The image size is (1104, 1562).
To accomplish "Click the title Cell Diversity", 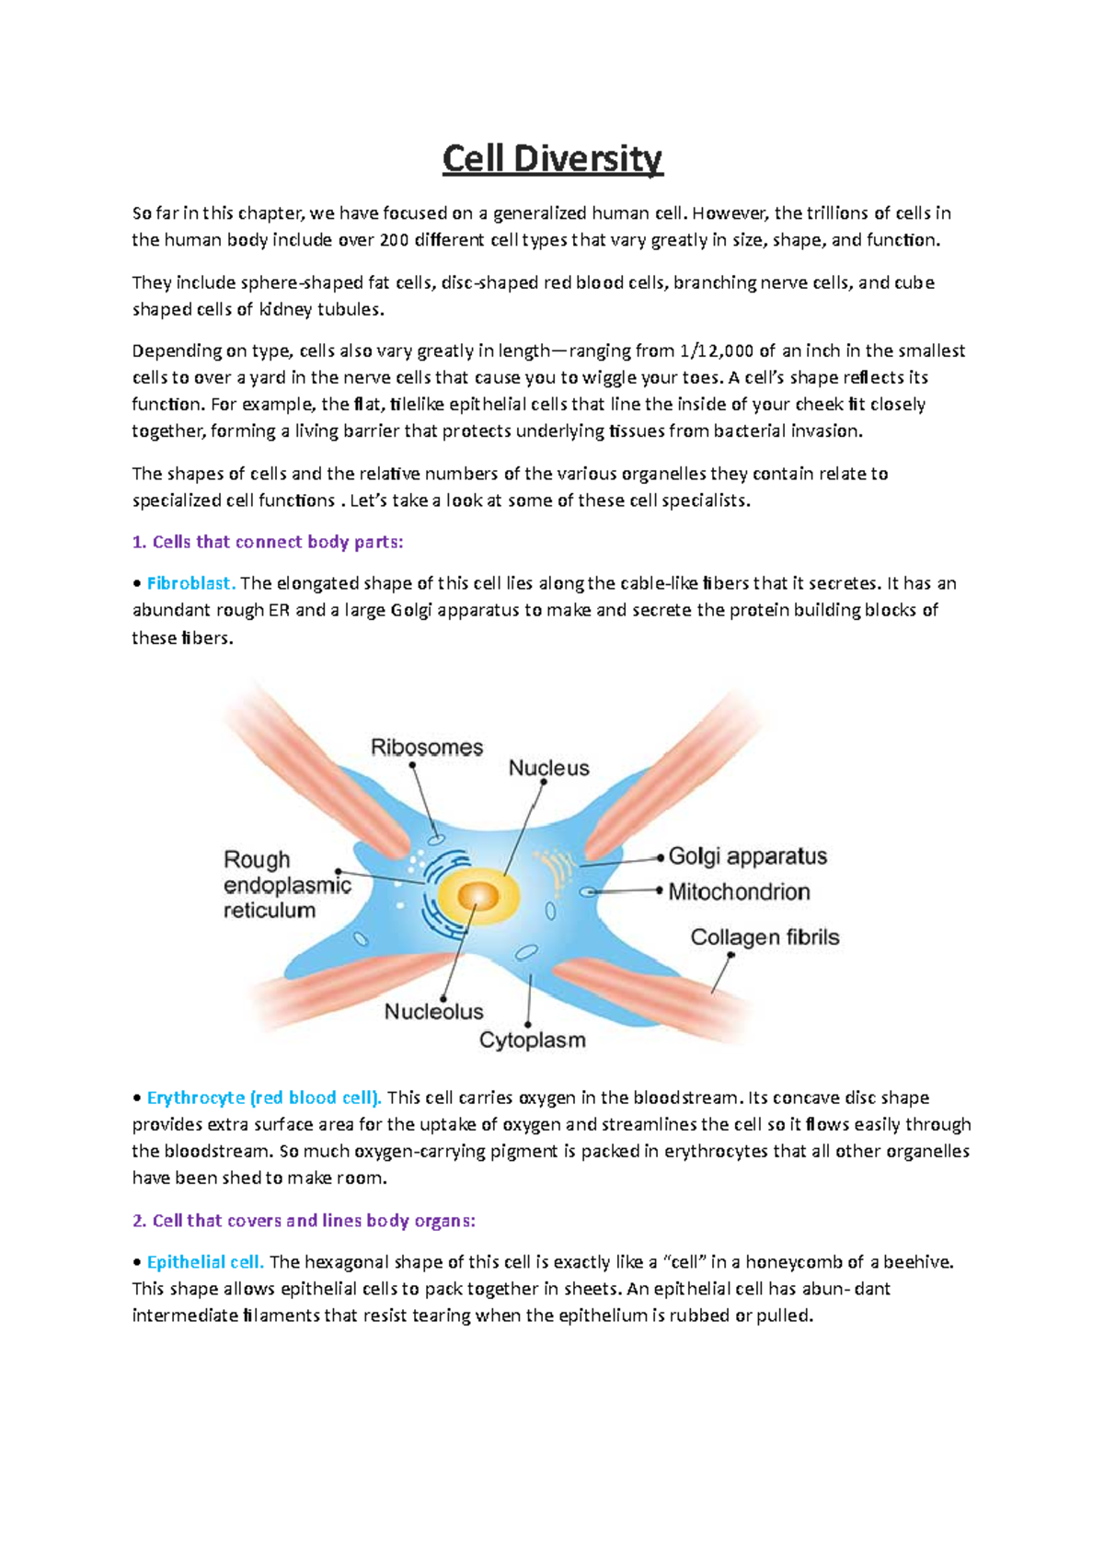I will (552, 159).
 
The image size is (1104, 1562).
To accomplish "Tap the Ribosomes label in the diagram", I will (426, 747).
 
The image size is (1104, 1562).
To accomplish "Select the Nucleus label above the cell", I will (548, 768).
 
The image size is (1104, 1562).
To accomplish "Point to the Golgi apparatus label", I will (747, 856).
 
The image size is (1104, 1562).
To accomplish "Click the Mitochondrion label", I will (739, 891).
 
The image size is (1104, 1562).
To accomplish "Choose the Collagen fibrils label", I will (765, 937).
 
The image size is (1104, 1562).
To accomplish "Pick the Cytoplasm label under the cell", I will (532, 1040).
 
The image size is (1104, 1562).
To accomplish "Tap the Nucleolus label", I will (433, 1012).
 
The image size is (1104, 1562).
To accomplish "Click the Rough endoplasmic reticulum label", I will (286, 885).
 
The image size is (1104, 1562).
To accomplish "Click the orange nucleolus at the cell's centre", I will (477, 896).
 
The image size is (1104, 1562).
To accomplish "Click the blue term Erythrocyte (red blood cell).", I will (263, 1097).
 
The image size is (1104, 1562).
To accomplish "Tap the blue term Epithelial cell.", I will (205, 1262).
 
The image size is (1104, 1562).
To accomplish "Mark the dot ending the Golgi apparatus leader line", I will (661, 857).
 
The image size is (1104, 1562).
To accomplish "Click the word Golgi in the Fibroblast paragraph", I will (411, 610).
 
